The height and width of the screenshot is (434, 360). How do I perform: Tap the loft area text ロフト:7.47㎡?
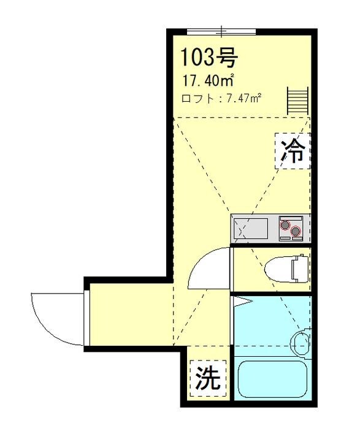221,98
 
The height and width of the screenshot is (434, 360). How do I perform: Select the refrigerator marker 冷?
293,150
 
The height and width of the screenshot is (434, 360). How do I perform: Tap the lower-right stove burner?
296,232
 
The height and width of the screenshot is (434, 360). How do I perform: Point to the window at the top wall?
221,31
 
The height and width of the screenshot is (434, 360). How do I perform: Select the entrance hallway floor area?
129,316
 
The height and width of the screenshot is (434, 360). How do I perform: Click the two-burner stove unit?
291,229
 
